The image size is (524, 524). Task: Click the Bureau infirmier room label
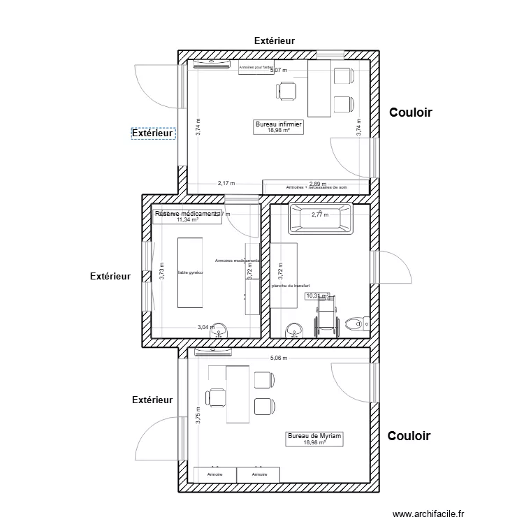[x=279, y=126]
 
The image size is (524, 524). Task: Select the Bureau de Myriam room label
[x=315, y=438]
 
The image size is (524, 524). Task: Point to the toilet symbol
[x=358, y=323]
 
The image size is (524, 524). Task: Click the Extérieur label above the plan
[x=274, y=41]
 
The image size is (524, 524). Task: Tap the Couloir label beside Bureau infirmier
[x=412, y=112]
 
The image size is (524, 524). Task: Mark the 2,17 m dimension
[x=226, y=183]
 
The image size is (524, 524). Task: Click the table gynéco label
[x=190, y=272]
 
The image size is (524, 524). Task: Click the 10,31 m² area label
[x=316, y=296]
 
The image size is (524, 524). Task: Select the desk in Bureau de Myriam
[x=238, y=393]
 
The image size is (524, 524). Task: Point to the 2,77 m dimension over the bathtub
[x=320, y=214]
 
